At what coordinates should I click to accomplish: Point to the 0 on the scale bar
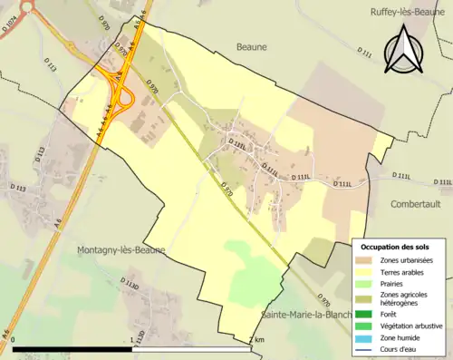[x=14, y=340]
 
